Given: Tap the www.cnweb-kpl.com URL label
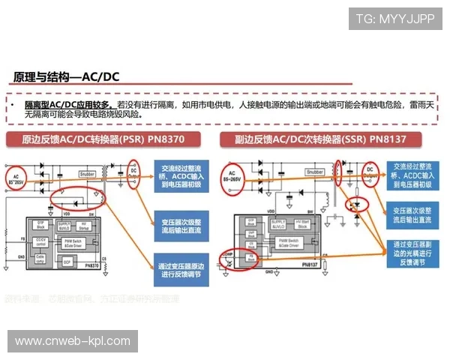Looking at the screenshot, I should [x=73, y=341].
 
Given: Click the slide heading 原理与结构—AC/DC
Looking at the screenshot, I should [x=67, y=76].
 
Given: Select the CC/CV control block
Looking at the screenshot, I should [x=42, y=241].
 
